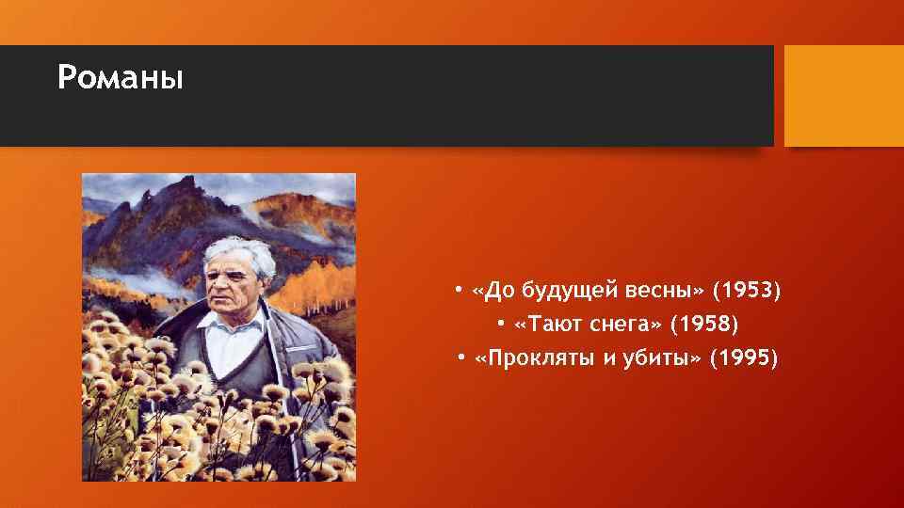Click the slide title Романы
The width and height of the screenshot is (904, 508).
120,77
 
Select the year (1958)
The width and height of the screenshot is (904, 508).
705,325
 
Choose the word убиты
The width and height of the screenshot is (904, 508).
660,358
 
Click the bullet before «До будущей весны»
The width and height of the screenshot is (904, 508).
457,291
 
